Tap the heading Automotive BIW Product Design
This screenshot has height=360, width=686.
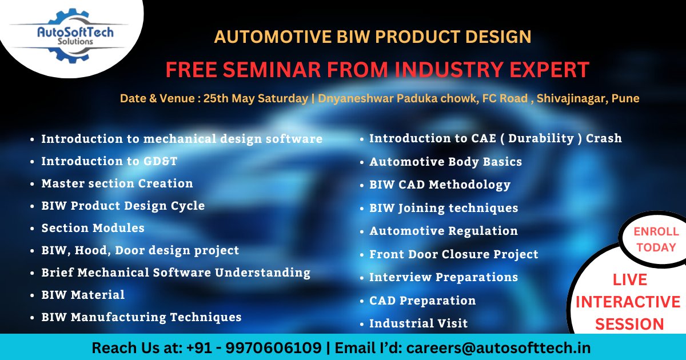[373, 37]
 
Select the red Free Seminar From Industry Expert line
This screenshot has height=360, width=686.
[377, 70]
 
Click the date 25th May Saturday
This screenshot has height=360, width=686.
[256, 98]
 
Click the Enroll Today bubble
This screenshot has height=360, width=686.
[656, 239]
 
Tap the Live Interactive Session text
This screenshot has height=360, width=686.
[629, 302]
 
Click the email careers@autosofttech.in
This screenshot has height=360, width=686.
[498, 347]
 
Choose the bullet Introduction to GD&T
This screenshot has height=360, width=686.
[109, 161]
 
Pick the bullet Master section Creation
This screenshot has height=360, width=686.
[117, 183]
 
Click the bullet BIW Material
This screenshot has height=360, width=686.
[83, 295]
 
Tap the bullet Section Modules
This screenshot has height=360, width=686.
[93, 228]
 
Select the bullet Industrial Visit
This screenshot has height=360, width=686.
[418, 323]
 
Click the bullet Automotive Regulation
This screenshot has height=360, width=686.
[444, 231]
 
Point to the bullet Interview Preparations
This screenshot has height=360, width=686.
[444, 277]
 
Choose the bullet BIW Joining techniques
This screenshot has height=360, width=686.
[444, 208]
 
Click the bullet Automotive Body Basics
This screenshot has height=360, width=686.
[445, 162]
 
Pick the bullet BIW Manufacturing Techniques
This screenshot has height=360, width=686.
[141, 317]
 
